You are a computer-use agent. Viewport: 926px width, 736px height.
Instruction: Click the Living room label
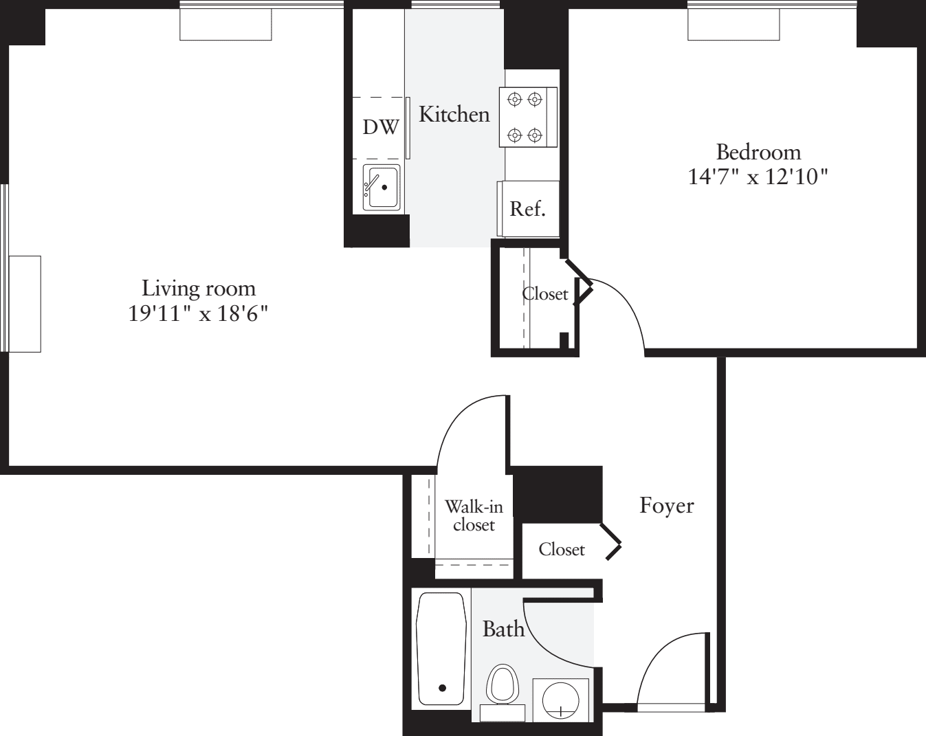click(x=198, y=288)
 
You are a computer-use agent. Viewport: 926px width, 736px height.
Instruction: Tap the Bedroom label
click(x=758, y=151)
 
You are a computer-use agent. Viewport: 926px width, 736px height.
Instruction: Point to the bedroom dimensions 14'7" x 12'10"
click(x=757, y=177)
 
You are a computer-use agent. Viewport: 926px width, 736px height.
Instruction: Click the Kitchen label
click(x=454, y=114)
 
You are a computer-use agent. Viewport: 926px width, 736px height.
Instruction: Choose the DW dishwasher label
click(x=380, y=127)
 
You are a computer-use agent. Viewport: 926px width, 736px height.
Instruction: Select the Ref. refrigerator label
click(x=527, y=209)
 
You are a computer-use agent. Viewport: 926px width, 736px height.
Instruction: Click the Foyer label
click(x=666, y=506)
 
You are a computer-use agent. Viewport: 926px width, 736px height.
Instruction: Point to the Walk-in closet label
click(x=474, y=515)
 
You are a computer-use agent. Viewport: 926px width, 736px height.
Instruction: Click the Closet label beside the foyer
click(x=562, y=550)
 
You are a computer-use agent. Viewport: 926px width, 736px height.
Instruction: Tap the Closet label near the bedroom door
click(x=545, y=294)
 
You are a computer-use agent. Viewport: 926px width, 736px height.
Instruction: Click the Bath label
click(x=503, y=629)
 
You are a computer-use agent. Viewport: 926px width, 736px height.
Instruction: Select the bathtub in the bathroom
click(x=441, y=649)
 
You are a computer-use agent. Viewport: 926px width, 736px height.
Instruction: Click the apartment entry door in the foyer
click(x=670, y=670)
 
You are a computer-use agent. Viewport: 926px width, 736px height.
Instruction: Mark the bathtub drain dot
click(x=442, y=688)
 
